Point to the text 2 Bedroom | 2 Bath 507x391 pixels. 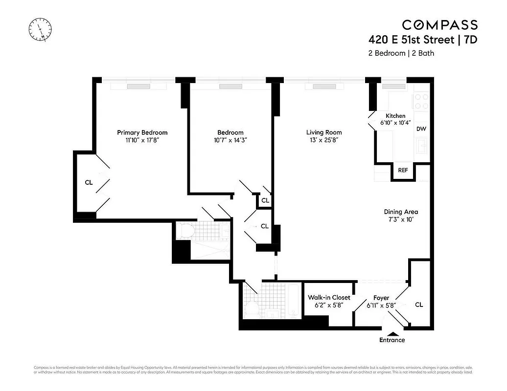point(401,53)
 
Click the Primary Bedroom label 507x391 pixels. point(142,132)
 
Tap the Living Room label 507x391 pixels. point(324,132)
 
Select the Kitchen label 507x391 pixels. point(395,116)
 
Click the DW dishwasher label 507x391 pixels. point(420,129)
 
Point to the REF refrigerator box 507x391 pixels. point(403,171)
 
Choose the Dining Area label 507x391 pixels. point(401,212)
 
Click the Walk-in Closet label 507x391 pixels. point(329,297)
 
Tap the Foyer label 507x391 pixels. point(381,298)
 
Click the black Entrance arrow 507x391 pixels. point(392,333)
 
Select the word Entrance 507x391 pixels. point(392,340)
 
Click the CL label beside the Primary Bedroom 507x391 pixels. point(89,183)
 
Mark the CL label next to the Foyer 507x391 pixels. point(419,304)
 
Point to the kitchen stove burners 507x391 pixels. point(421,101)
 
